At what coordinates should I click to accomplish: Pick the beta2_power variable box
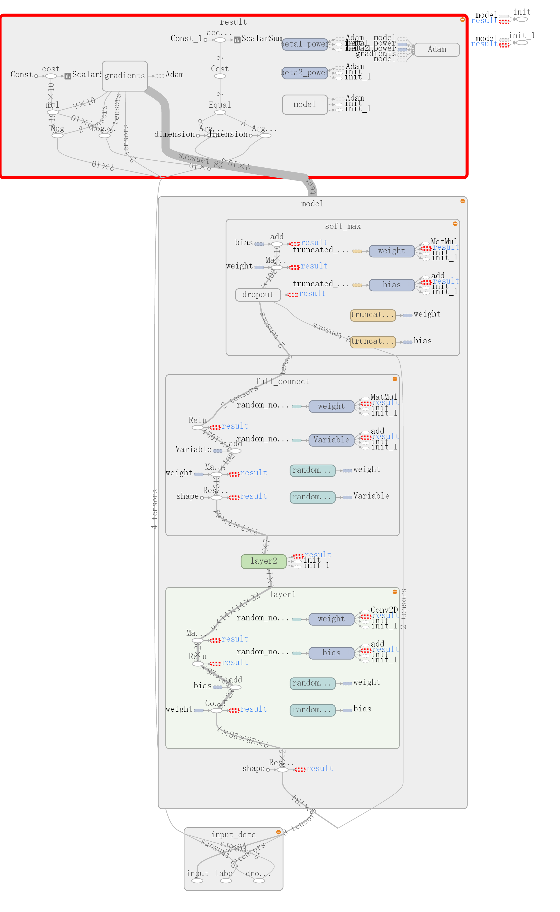[305, 73]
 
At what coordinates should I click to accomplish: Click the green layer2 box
[263, 561]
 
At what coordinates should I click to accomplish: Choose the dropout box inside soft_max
[258, 295]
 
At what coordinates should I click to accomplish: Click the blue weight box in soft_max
[392, 251]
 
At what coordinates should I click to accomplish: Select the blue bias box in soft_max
[392, 285]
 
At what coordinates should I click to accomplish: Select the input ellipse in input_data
[197, 881]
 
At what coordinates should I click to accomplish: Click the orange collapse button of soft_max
[455, 224]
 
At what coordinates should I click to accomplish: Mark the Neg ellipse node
[57, 135]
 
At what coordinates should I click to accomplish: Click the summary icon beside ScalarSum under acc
[237, 40]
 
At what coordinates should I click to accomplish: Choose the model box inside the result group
[305, 105]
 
